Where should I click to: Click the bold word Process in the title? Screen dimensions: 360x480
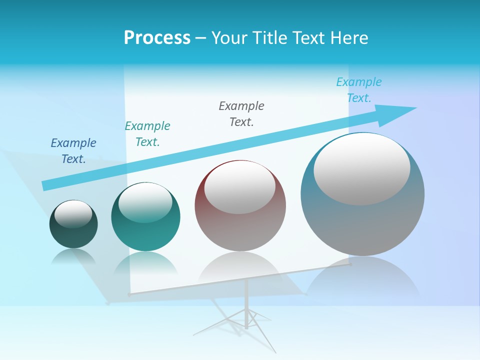(157, 38)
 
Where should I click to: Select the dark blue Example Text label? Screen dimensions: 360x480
(73, 151)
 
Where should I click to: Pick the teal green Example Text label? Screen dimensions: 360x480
(147, 134)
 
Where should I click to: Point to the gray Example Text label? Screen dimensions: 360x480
(241, 114)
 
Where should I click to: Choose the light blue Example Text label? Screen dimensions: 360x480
(358, 90)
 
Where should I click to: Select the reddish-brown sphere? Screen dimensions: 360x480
(240, 230)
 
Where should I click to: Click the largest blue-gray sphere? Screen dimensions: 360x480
(362, 225)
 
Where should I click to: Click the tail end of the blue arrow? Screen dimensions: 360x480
(46, 185)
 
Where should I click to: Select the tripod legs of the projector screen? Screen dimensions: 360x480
(246, 320)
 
